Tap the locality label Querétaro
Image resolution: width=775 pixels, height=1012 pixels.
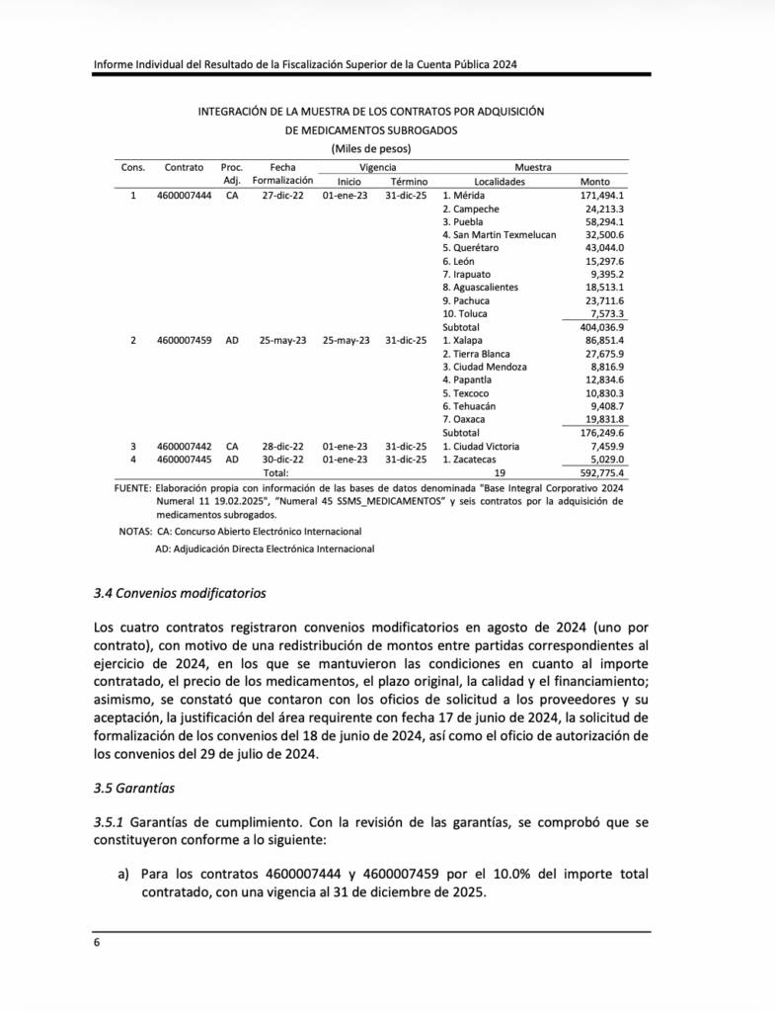click(471, 247)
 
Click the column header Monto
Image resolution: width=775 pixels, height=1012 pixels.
click(596, 182)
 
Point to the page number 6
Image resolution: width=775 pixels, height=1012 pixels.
click(97, 943)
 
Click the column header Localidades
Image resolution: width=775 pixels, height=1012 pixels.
click(500, 182)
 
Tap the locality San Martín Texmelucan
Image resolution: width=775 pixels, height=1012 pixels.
click(499, 234)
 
